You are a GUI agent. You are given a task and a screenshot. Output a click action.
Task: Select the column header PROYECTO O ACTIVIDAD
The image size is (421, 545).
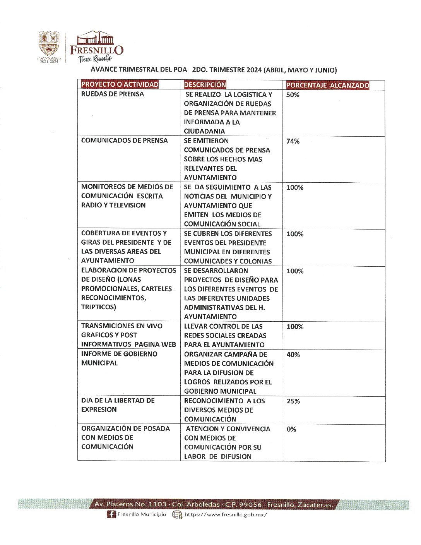click(120, 84)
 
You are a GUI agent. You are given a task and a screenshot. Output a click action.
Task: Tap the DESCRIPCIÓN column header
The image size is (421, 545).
click(205, 84)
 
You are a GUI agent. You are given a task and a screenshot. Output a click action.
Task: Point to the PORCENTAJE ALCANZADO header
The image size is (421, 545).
click(327, 85)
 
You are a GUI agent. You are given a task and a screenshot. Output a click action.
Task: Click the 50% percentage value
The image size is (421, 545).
click(293, 95)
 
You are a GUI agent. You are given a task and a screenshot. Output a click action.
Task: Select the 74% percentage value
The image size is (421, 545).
click(293, 141)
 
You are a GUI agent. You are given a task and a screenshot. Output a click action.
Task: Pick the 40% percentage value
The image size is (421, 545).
click(293, 355)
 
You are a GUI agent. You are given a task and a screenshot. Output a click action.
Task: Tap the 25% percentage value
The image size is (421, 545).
click(293, 401)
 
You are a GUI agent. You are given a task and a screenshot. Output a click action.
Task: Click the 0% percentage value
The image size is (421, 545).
click(291, 429)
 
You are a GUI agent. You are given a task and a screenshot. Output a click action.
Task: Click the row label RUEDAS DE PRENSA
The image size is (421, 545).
click(112, 94)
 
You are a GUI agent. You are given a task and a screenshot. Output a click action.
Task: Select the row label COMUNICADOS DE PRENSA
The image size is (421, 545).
click(124, 141)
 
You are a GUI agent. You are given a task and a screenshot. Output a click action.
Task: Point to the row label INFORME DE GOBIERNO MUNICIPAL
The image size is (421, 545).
click(119, 358)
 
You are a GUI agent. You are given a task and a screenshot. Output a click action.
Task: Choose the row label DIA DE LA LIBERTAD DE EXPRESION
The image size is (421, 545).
click(118, 405)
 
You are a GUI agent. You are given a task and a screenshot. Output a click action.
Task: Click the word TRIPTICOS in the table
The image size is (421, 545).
click(98, 307)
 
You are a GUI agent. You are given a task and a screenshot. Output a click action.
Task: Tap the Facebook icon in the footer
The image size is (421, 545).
click(111, 514)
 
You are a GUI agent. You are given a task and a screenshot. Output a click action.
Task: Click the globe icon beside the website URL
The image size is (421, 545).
click(177, 514)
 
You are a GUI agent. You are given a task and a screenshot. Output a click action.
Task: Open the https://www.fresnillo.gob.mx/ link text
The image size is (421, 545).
click(226, 514)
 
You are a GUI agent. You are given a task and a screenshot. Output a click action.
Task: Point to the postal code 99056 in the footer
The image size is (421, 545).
click(251, 504)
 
